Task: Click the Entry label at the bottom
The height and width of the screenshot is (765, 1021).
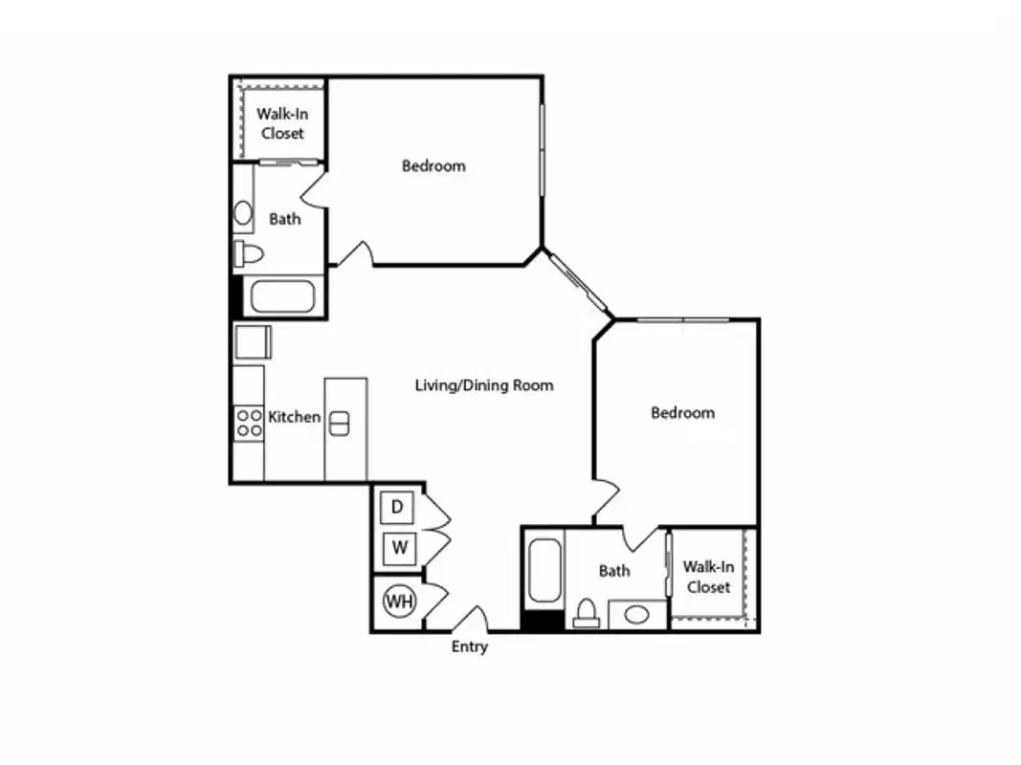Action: point(469,647)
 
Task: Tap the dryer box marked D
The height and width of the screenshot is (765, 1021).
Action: point(397,506)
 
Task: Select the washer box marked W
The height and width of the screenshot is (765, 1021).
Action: point(400,549)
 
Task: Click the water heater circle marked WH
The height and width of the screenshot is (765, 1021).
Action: point(399,601)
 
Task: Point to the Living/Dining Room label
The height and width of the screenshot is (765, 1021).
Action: point(483,386)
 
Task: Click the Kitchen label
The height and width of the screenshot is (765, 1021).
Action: point(294,417)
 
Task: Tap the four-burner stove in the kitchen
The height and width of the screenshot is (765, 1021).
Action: point(249,423)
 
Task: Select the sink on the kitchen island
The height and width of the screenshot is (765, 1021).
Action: point(339,423)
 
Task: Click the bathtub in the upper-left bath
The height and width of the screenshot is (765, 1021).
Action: point(281,295)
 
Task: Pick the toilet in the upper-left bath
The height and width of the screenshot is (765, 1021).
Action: point(248,254)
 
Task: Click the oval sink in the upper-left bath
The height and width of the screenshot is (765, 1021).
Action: point(243,213)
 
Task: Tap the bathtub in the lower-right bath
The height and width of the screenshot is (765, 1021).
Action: point(544,572)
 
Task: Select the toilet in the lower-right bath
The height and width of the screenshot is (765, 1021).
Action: point(587,613)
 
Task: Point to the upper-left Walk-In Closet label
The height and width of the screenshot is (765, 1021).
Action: point(282,123)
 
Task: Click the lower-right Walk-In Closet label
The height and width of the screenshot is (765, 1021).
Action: point(708,578)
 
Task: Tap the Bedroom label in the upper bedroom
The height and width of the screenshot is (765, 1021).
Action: point(433,166)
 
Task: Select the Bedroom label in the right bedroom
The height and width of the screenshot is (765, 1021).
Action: point(682,413)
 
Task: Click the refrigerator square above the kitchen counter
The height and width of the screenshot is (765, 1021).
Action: point(254,341)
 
